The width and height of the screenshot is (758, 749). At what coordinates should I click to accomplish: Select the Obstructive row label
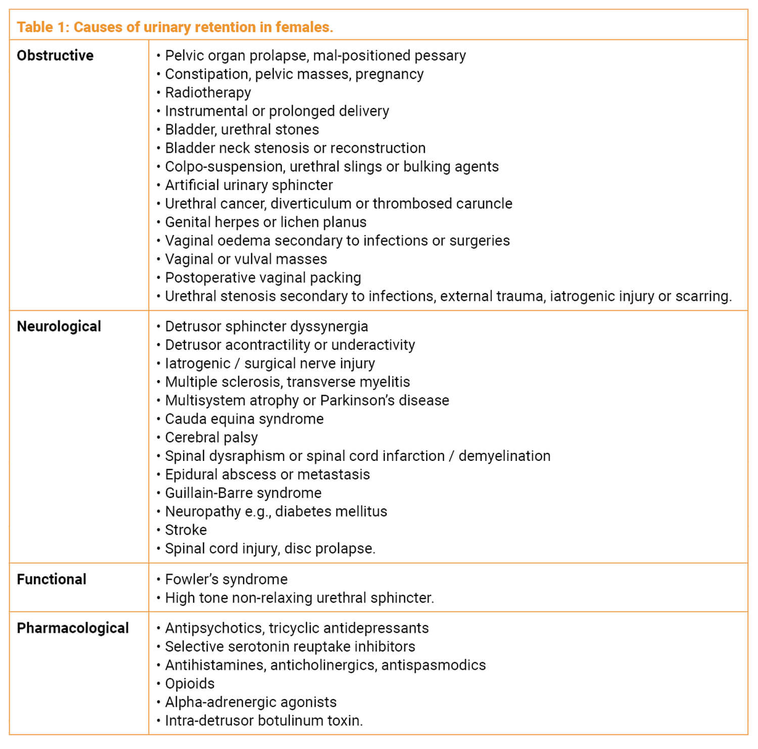pos(55,56)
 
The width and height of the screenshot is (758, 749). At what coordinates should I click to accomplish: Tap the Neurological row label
pos(59,326)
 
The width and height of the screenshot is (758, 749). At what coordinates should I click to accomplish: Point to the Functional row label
pos(52,579)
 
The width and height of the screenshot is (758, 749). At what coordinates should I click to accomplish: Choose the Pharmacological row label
pos(73,628)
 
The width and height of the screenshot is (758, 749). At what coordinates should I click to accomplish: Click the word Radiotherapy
pos(208,92)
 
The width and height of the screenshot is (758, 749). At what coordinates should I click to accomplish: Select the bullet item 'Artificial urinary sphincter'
pos(249,185)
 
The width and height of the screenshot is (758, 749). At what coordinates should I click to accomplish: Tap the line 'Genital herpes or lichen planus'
pos(265,222)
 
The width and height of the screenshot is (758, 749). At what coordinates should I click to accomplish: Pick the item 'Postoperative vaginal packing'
pos(263,277)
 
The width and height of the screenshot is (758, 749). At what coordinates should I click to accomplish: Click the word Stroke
pos(185,530)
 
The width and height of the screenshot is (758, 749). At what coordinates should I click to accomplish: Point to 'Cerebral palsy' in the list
pos(211,437)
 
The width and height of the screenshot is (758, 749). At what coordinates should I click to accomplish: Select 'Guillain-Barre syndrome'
pos(243,493)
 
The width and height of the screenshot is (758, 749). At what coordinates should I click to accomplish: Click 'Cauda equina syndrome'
pos(244,419)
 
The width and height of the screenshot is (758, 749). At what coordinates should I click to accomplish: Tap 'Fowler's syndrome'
pos(226,579)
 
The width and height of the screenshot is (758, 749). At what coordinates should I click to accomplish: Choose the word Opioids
pos(189,684)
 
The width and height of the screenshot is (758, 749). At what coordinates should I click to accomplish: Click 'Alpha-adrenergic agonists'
pos(251,702)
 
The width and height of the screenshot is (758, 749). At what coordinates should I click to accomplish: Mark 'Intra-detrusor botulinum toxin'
pos(264,721)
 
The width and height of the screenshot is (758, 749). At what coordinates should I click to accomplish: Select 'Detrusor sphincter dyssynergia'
pos(266,326)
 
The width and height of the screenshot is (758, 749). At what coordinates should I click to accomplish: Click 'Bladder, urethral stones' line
pos(242,129)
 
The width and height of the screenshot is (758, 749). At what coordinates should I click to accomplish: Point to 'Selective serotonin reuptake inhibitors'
pos(290,646)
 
